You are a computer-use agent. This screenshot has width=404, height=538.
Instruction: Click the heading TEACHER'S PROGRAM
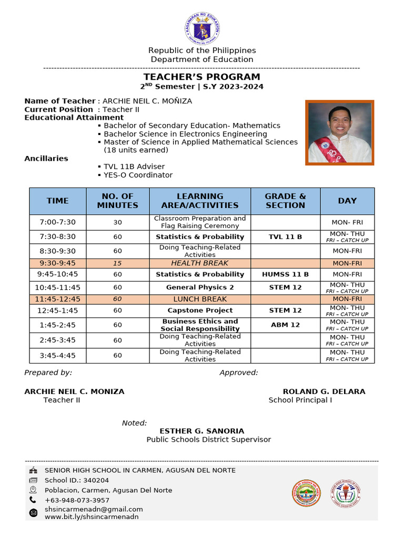(202, 77)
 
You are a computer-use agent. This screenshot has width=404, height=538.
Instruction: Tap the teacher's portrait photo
(340, 133)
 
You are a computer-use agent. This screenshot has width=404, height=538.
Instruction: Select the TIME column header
(58, 201)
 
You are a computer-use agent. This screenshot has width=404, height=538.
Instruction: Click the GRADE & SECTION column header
(285, 201)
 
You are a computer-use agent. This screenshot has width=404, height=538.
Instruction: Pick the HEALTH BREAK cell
(200, 263)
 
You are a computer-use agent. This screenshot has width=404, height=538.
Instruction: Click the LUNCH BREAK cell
(200, 299)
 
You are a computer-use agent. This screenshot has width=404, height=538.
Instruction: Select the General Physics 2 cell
(200, 287)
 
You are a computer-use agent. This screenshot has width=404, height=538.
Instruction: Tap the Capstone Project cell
(200, 311)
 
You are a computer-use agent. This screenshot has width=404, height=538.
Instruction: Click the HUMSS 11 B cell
(285, 274)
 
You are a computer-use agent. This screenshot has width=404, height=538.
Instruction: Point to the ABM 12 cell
(285, 325)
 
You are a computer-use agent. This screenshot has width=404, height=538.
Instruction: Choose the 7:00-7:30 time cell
(58, 222)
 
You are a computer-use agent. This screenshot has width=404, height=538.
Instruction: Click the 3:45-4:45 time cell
(58, 356)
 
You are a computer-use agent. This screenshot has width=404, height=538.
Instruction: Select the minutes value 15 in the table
(117, 263)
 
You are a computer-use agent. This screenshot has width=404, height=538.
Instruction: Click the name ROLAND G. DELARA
(324, 391)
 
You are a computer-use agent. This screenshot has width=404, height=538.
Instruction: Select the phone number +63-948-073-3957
(77, 500)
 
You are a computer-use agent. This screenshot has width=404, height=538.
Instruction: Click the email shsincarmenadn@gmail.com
(94, 509)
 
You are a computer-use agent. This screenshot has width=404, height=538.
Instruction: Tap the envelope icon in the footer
(34, 513)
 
